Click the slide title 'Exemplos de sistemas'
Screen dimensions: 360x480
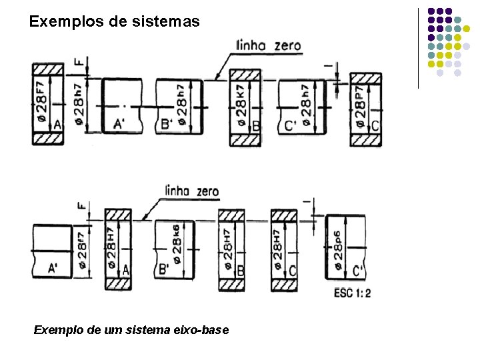click(114, 21)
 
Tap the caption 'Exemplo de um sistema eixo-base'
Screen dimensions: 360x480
click(131, 329)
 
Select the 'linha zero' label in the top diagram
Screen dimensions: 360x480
click(269, 46)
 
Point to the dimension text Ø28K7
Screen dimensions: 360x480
click(240, 105)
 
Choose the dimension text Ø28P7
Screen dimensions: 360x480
click(360, 105)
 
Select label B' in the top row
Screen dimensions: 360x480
click(167, 124)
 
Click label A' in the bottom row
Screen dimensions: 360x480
click(53, 269)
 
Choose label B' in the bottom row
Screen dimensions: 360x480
click(163, 270)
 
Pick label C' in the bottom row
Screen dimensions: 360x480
click(358, 270)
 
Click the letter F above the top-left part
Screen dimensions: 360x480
click(79, 63)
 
